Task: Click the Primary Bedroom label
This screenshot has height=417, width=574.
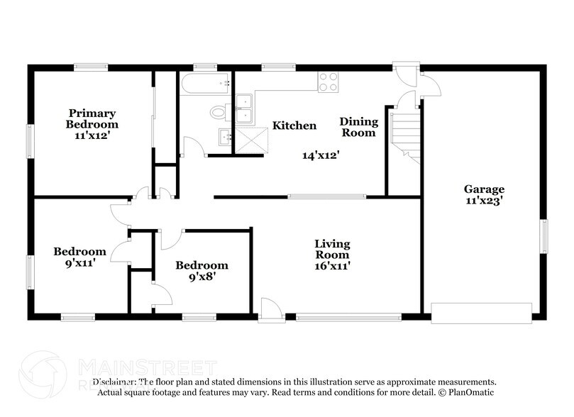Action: coord(92,118)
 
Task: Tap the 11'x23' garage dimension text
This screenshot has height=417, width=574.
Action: coord(485,201)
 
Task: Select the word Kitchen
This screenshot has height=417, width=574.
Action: coord(294,126)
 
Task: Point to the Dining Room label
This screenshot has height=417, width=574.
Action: coord(359,127)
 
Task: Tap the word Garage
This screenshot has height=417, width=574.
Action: coord(485,189)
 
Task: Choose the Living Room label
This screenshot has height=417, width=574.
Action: coord(332,249)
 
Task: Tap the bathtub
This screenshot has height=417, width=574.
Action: coord(205,84)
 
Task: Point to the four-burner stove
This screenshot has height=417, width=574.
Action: coord(328,82)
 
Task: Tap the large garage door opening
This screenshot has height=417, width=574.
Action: coord(481,313)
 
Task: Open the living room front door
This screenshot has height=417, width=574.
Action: coord(270,309)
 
